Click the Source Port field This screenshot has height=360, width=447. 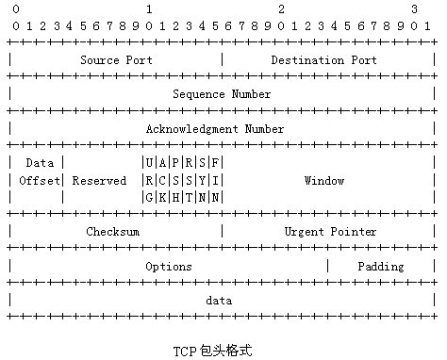116,60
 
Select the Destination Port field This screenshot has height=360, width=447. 323,60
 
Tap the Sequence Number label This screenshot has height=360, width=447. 222,94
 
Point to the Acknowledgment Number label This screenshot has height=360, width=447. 222,129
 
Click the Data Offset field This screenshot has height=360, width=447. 39,172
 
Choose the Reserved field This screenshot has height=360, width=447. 99,180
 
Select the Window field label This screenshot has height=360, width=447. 323,180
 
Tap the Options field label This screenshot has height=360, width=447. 169,267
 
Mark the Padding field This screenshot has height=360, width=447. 380,267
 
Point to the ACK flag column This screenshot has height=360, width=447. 163,180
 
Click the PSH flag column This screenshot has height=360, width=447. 176,180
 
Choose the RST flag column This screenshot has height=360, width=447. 190,180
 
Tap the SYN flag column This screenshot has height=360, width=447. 203,180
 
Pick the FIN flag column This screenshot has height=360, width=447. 216,180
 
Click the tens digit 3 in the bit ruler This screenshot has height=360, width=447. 415,8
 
